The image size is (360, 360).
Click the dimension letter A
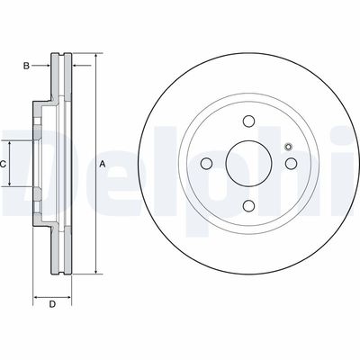click(x=103, y=164)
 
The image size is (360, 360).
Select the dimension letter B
click(x=27, y=66)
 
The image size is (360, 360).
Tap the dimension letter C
click(x=4, y=164)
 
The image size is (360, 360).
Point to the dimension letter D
click(x=52, y=303)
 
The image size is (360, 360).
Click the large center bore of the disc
click(x=247, y=164)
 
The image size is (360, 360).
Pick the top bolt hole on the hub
click(x=247, y=123)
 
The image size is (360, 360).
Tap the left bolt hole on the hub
click(x=206, y=164)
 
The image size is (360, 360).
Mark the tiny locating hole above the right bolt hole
click(x=287, y=148)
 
